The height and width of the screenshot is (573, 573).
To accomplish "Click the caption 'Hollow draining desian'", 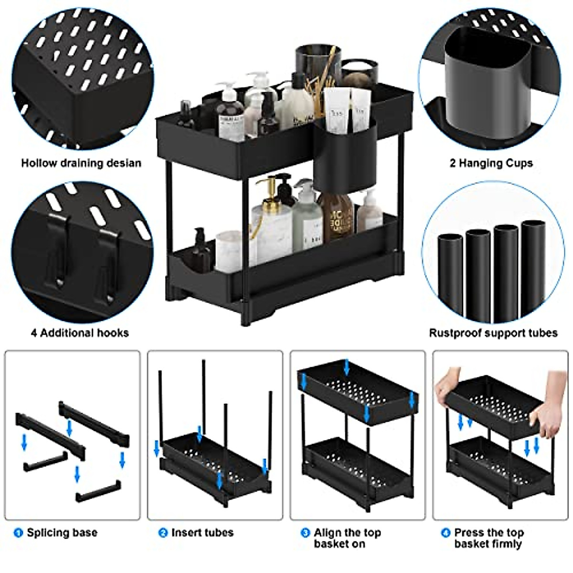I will [81, 163].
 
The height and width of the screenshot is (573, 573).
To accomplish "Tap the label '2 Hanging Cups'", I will [491, 163].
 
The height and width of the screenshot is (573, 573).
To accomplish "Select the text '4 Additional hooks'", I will [80, 333].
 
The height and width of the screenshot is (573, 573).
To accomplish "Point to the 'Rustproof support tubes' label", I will [493, 333].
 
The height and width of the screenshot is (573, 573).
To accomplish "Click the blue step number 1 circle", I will [18, 532].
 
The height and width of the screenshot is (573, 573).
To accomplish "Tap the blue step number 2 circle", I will [163, 532].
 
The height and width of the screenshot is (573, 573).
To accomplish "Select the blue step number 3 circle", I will [305, 532].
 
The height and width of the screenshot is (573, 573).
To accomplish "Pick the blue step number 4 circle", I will [446, 532].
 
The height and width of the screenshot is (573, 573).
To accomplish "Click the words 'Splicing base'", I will [62, 532].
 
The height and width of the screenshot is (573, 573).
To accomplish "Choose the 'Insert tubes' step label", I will [202, 532].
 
